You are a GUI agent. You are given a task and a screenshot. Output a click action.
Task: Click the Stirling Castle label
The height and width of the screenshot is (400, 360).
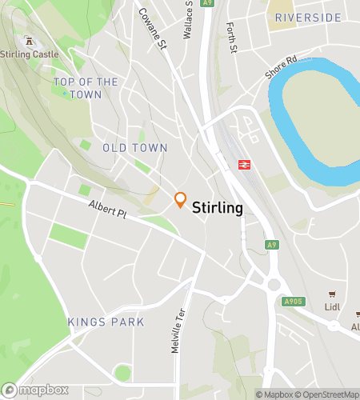click(x=30, y=54)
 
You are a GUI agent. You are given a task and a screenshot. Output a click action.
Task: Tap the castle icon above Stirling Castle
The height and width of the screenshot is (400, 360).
click(x=30, y=40)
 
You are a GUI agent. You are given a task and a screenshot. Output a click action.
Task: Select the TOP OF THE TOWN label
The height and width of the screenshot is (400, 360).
click(x=86, y=88)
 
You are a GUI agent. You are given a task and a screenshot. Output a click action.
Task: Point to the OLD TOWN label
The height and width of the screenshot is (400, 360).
click(x=135, y=148)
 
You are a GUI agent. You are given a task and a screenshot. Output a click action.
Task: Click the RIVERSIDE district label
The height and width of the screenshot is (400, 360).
click(x=308, y=18)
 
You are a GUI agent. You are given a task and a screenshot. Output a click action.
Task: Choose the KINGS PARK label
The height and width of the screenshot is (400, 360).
click(x=106, y=322)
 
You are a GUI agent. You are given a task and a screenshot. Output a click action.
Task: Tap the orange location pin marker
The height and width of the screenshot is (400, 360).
click(x=181, y=200)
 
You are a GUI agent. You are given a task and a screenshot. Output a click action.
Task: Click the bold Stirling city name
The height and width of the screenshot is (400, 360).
click(x=218, y=207)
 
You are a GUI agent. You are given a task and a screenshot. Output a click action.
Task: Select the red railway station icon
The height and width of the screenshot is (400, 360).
click(x=243, y=165)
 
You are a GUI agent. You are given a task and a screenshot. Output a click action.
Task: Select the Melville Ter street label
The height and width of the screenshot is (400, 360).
click(x=178, y=330)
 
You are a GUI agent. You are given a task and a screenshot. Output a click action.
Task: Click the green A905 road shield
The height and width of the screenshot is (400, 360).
click(x=294, y=302)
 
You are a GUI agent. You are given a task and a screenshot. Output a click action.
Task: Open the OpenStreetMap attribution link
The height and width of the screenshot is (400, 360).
click(x=327, y=394)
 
